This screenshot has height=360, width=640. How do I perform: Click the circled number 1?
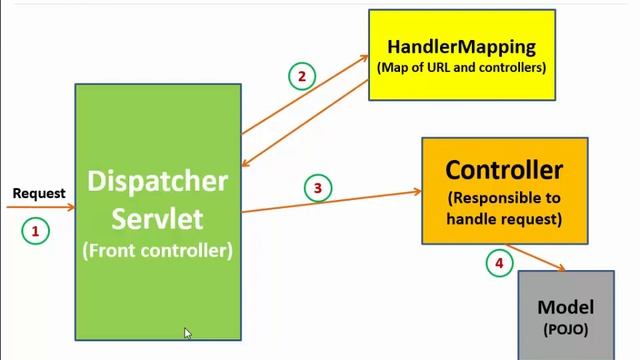[x=35, y=231]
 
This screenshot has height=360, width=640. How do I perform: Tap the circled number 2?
[x=302, y=75]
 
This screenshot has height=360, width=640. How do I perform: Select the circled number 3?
[x=317, y=188]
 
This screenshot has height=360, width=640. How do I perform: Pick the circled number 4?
[x=497, y=263]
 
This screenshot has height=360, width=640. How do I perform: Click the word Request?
[x=39, y=193]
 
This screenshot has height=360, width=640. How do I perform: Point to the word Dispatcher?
[x=158, y=183]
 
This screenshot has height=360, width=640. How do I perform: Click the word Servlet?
[x=158, y=217]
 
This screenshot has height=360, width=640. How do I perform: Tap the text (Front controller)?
[x=158, y=251]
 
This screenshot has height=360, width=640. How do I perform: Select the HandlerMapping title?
[x=461, y=46]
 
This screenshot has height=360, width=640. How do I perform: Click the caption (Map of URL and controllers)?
[x=461, y=68]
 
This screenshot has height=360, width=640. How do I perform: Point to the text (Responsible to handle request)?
[x=504, y=208]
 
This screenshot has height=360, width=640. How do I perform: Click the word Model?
[x=566, y=308]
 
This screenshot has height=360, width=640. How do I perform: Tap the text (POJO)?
[x=566, y=328]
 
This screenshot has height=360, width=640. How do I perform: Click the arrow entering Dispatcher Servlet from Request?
[x=40, y=208]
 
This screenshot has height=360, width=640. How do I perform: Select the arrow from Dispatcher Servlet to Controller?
[x=330, y=201]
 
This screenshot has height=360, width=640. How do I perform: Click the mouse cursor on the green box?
[x=187, y=333]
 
